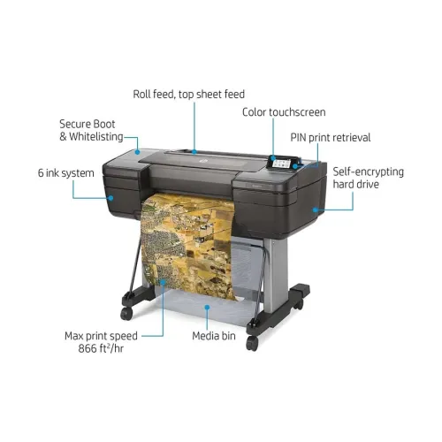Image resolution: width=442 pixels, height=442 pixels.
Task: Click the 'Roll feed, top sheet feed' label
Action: pyautogui.click(x=189, y=95)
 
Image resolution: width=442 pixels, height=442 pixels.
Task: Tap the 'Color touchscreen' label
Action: pyautogui.click(x=284, y=112)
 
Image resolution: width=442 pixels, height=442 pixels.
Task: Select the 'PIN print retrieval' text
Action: pyautogui.click(x=331, y=138)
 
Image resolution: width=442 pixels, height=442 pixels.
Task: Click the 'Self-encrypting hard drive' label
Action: pyautogui.click(x=368, y=178)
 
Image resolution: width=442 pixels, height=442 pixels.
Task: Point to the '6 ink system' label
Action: pyautogui.click(x=66, y=173)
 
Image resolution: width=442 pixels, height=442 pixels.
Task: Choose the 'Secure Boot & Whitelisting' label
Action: pyautogui.click(x=91, y=130)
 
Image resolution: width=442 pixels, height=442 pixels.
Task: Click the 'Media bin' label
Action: pyautogui.click(x=214, y=336)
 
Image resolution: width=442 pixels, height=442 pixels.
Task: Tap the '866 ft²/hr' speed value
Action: pyautogui.click(x=101, y=348)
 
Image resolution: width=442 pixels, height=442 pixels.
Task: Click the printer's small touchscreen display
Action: pyautogui.click(x=281, y=163)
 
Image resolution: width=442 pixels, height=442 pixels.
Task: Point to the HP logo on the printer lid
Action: pyautogui.click(x=203, y=161)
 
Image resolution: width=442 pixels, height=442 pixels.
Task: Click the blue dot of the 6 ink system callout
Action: pyautogui.click(x=110, y=198)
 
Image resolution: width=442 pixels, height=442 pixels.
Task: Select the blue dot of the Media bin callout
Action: pyautogui.click(x=207, y=308)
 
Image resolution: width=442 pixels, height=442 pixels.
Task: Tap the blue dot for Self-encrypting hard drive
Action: pyautogui.click(x=316, y=210)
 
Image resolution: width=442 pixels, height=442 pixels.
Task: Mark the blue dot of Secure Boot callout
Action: pyautogui.click(x=137, y=152)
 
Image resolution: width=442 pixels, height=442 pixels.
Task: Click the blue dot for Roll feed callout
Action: pyautogui.click(x=194, y=152)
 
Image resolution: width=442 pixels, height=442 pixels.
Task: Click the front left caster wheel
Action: pyautogui.click(x=126, y=314)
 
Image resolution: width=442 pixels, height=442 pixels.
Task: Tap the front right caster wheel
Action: pyautogui.click(x=252, y=343)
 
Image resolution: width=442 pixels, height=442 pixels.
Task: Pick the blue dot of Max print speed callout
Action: pyautogui.click(x=163, y=282)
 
